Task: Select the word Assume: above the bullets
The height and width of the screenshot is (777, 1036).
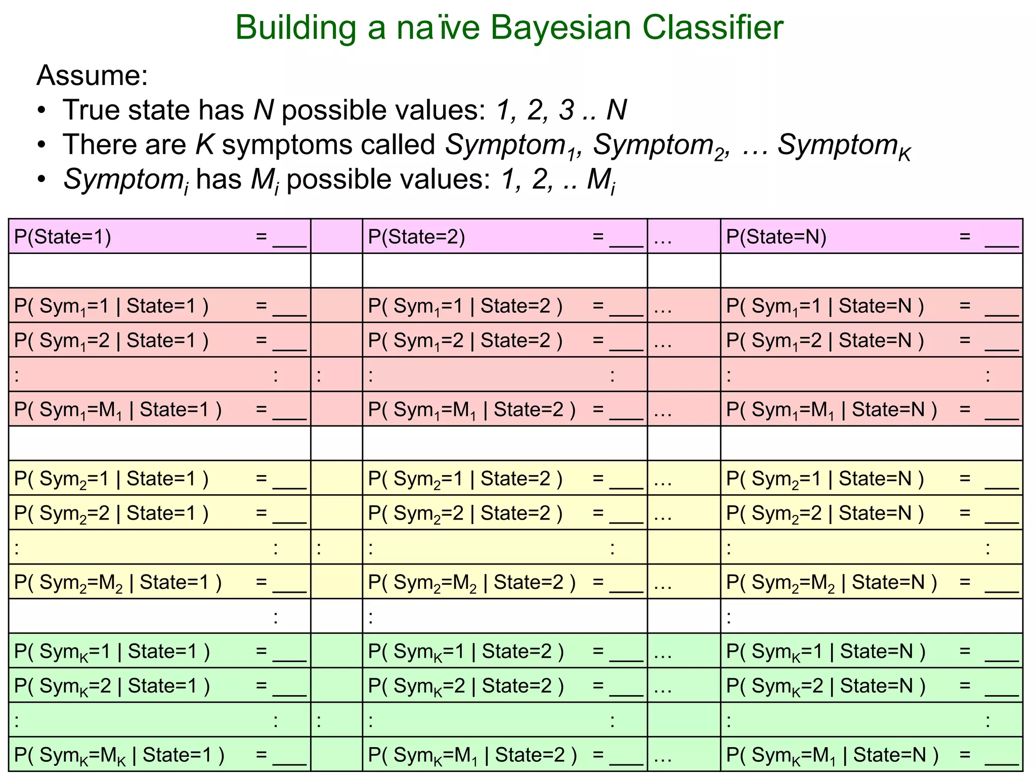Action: tap(92, 76)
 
